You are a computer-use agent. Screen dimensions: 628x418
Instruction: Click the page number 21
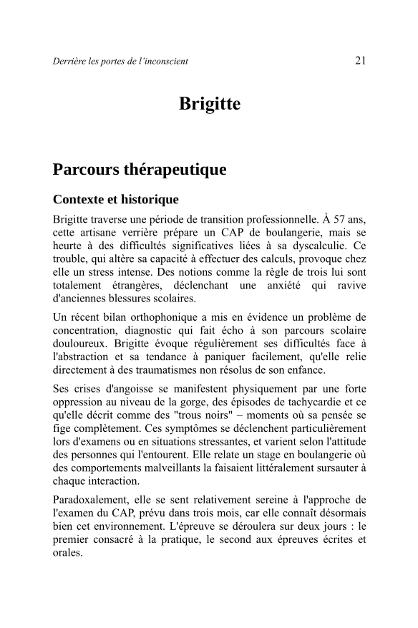pos(360,60)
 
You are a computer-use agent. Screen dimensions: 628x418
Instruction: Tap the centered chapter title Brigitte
pos(209,105)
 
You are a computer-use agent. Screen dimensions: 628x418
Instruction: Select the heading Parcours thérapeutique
pos(140,170)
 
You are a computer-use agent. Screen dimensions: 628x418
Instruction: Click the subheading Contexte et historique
pos(115,198)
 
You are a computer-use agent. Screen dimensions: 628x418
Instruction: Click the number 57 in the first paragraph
pos(336,217)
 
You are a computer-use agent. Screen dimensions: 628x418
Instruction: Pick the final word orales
pos(68,554)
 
